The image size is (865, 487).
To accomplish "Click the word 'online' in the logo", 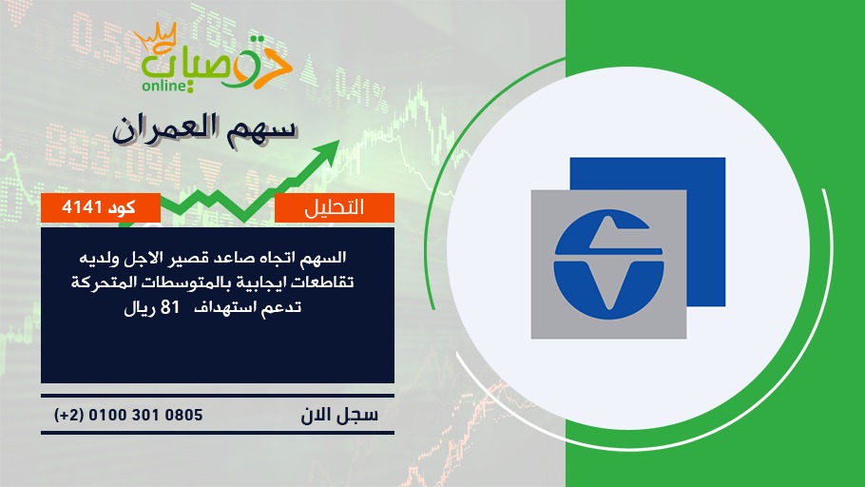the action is pos(165,85).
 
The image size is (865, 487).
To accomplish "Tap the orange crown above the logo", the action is pos(156,36).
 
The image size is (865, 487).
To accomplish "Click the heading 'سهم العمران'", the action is pos(204,129).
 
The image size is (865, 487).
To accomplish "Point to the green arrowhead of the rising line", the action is pos(328,151).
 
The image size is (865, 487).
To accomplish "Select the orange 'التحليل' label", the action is pos(335,207).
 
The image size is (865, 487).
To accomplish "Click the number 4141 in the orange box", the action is pos(82,207).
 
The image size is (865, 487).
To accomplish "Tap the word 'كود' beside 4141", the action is pos(122,207).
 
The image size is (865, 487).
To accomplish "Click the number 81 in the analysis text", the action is pos(170,307).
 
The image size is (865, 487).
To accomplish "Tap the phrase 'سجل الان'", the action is pos(339,415).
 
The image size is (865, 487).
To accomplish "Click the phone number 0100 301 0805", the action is pos(145,415).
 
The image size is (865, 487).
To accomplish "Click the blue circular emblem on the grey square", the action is pos(608,264).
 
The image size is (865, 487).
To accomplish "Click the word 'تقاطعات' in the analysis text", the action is pos(324,282).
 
